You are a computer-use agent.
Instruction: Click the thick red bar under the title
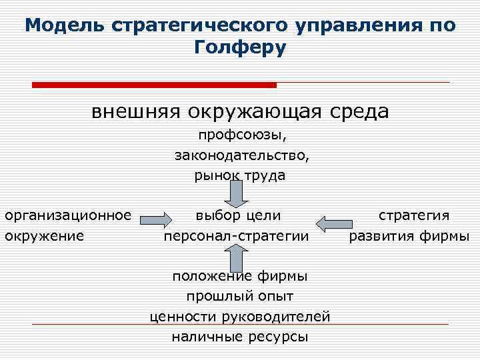[x=154, y=85]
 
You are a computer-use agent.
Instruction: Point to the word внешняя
[x=136, y=111]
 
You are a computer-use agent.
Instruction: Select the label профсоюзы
[x=240, y=136]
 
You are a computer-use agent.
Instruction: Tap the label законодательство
[x=240, y=156]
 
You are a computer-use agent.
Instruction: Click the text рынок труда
[x=240, y=176]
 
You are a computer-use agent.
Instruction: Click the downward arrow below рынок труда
[x=236, y=194]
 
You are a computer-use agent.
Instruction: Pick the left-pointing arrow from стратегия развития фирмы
[x=333, y=221]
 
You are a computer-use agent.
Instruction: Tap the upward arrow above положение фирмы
[x=236, y=257]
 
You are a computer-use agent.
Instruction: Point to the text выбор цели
[x=238, y=215]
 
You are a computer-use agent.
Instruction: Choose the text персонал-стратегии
[x=237, y=235]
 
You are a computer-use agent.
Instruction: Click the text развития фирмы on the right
[x=409, y=235]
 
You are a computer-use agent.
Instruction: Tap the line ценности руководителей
[x=240, y=316]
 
